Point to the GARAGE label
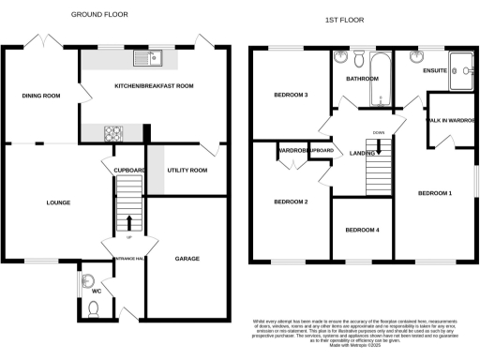point(187,259)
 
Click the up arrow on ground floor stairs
point(129,221)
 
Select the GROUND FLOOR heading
point(99,15)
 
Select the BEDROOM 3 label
point(291,95)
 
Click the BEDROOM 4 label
point(362,230)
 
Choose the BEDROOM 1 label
point(434,192)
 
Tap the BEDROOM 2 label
point(291,202)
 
